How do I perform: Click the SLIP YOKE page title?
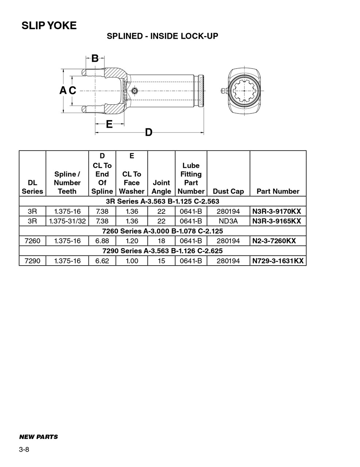(49, 26)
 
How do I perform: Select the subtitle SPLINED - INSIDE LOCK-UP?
(162, 36)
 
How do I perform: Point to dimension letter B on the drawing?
(95, 58)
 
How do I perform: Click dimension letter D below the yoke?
(149, 132)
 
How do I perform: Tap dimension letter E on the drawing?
(109, 124)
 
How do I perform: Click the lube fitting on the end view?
(224, 90)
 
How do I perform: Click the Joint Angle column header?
(161, 187)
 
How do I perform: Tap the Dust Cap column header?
(228, 191)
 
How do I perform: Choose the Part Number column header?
(278, 191)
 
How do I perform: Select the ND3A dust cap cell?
(228, 221)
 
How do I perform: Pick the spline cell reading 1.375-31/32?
(67, 221)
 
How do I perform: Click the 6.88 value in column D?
(102, 241)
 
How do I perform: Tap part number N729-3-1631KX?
(278, 261)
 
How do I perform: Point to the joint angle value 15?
(161, 261)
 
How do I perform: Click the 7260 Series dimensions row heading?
(162, 231)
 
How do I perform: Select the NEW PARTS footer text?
(38, 437)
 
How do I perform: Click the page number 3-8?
(24, 449)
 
